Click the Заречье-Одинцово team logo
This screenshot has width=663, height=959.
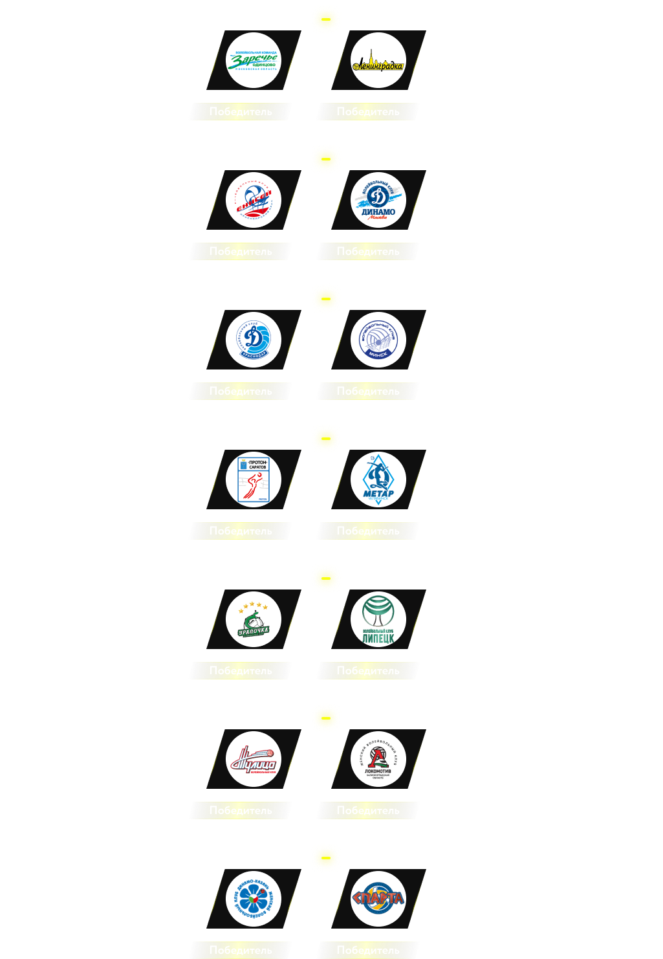coord(254,61)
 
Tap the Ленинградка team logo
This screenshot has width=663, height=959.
coord(378,61)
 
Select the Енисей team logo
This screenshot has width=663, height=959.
coord(254,201)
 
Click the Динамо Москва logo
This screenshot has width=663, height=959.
coord(378,201)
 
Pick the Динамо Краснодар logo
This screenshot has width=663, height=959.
coord(254,340)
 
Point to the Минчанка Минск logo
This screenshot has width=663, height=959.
coord(378,340)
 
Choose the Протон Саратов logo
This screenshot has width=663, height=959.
coord(254,480)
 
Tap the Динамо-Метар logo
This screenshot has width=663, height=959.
coord(378,480)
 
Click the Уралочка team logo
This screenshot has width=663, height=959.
coord(254,620)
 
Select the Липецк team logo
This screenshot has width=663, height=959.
coord(378,620)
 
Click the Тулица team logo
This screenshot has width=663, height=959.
coord(254,760)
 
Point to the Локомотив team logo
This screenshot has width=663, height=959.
coord(378,760)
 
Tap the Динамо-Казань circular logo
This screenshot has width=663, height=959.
coord(254,899)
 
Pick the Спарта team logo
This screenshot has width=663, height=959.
coord(378,899)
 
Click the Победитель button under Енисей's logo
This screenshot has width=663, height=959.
coord(241,251)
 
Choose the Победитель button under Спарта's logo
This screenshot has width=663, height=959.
coord(368,950)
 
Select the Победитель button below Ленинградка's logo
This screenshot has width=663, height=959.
coord(368,111)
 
